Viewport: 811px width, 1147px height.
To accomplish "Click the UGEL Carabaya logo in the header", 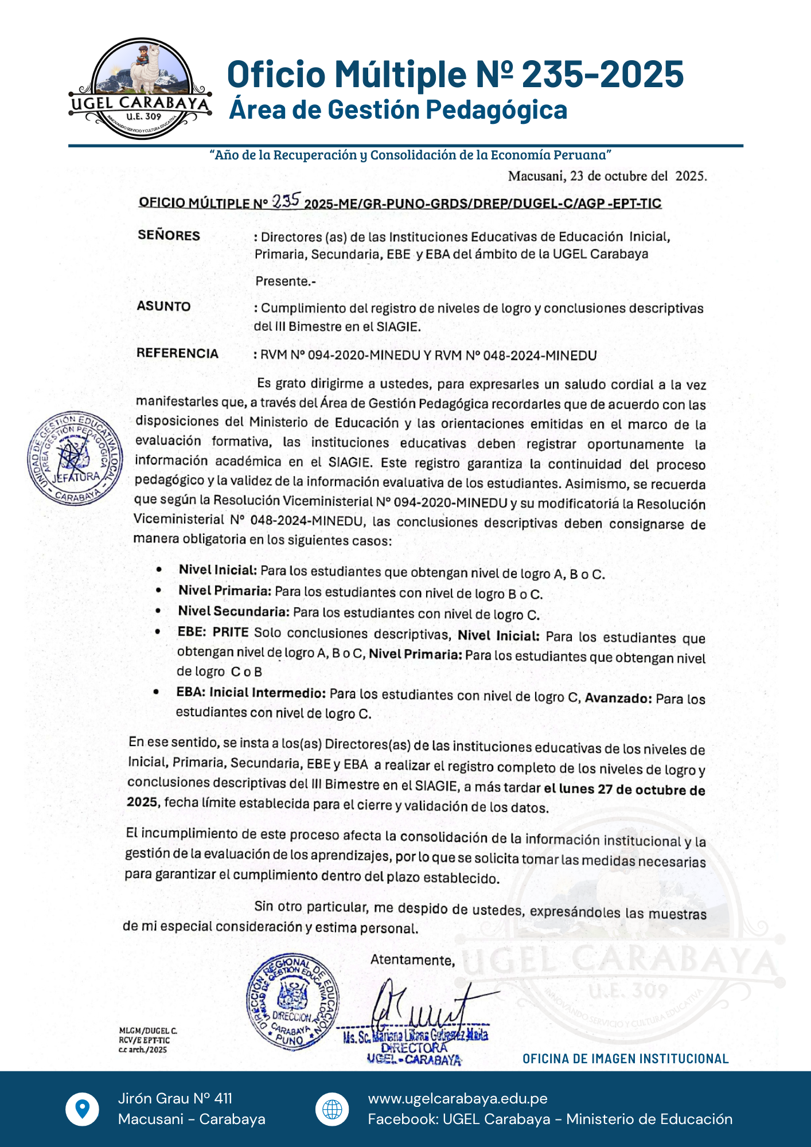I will tap(141, 89).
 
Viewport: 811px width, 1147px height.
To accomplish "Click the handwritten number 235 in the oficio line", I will tap(286, 201).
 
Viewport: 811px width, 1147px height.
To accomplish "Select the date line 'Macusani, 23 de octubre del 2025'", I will tap(607, 176).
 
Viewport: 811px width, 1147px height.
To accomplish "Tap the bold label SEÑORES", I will tap(169, 236).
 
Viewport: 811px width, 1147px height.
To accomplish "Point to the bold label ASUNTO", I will tap(163, 306).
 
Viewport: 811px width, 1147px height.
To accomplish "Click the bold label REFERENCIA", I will tap(177, 353).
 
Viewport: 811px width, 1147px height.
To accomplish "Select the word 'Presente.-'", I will tap(286, 281).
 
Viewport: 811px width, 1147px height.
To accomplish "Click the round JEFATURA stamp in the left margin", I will tap(75, 458).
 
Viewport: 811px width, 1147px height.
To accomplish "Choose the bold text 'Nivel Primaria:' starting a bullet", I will tap(224, 591).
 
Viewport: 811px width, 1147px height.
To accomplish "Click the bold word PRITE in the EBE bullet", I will tap(231, 633).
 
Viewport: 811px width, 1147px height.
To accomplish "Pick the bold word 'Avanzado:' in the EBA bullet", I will tap(618, 698).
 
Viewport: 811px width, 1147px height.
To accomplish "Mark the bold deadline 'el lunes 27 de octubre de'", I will tap(624, 789).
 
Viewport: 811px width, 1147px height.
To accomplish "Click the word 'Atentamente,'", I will tap(412, 960).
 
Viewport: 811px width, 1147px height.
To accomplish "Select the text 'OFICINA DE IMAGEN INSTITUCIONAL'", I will tap(625, 1059).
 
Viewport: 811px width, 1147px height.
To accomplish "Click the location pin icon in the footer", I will tap(83, 1109).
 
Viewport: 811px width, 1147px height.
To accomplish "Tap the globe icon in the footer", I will tap(332, 1109).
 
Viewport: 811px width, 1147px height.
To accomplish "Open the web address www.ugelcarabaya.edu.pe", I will tap(458, 1098).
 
